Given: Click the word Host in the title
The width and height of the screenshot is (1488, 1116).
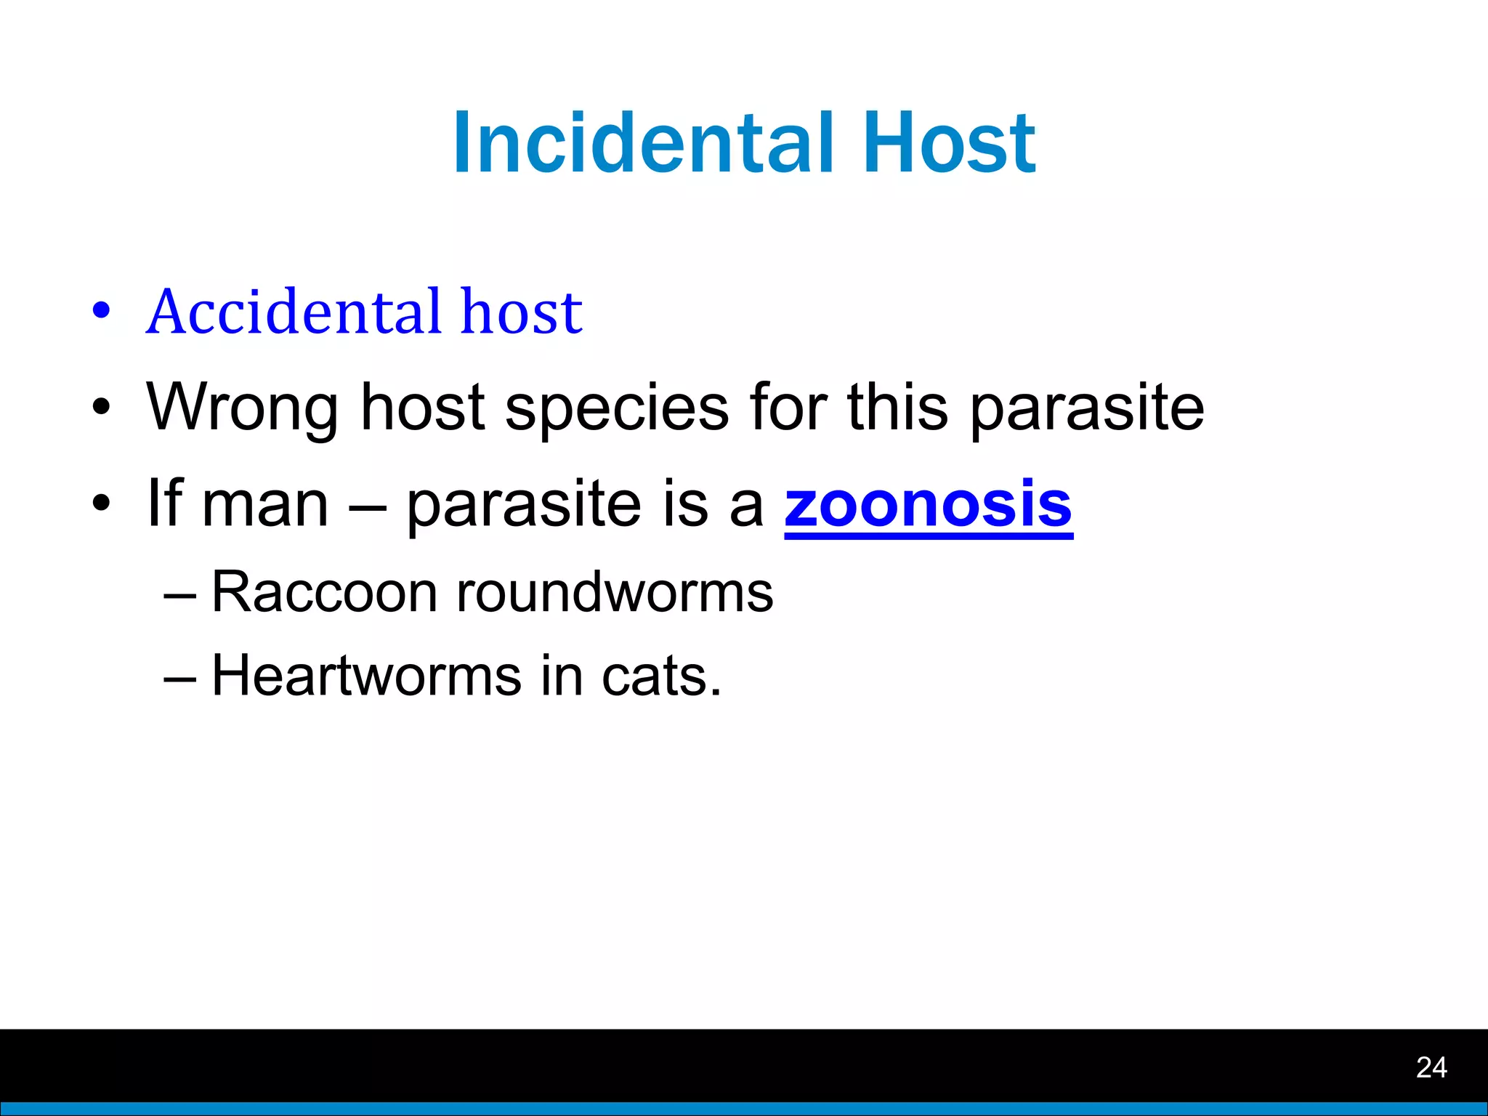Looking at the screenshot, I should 949,143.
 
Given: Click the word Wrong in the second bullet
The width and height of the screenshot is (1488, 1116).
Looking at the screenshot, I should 243,407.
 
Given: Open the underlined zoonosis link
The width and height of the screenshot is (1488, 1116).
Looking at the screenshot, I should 928,504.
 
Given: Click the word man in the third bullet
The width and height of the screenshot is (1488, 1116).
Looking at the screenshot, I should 264,506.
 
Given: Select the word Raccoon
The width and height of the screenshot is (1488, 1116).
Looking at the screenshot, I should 324,592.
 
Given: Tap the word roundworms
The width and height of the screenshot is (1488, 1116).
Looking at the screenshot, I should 614,592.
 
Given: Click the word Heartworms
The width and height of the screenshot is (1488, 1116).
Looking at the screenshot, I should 366,676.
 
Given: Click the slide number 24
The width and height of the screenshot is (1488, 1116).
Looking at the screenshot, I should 1431,1067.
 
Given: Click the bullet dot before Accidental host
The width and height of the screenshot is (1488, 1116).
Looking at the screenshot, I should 101,311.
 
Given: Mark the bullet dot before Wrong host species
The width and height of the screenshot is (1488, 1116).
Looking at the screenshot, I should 101,407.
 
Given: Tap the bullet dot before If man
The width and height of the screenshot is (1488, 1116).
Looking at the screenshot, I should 101,503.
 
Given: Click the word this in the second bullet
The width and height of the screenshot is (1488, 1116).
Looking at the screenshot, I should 897,407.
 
